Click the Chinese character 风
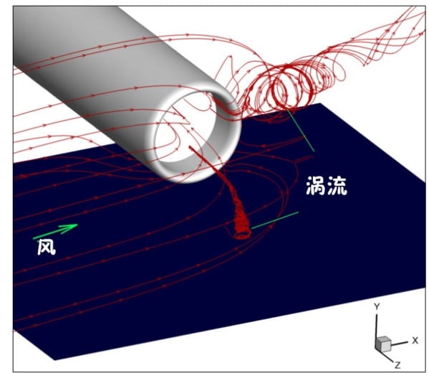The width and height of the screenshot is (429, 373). [x=47, y=247]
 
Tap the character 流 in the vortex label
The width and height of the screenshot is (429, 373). [x=337, y=186]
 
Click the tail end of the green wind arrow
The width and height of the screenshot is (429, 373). [x=34, y=238]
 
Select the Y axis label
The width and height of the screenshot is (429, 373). [x=377, y=307]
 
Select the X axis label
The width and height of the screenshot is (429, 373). [x=415, y=341]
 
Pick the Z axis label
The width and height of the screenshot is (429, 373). [x=397, y=365]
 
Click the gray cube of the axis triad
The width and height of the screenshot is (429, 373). [x=383, y=344]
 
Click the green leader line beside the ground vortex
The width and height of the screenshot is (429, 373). [x=275, y=220]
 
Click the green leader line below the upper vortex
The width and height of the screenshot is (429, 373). [x=300, y=130]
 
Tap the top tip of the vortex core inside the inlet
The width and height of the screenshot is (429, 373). [x=190, y=148]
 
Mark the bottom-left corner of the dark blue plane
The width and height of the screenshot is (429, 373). [x=54, y=360]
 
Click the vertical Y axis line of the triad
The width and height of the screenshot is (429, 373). [x=377, y=326]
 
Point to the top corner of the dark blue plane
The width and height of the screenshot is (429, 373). [x=320, y=103]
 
